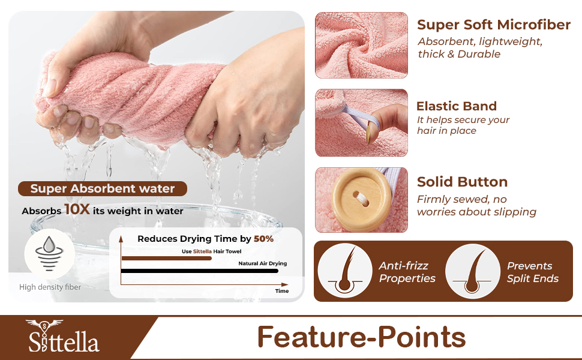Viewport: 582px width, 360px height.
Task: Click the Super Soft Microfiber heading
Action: point(493,25)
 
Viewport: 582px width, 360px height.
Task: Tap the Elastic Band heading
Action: point(457,106)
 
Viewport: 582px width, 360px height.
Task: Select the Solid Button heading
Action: point(462,182)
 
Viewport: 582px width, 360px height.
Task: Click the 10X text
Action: point(77,210)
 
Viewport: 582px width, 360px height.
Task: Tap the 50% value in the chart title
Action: point(263,239)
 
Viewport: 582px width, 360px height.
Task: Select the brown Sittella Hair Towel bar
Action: point(166,259)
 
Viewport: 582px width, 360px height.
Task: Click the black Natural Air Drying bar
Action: point(199,271)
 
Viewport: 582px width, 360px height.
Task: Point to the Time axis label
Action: point(282,291)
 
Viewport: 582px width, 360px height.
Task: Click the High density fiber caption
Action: point(50,287)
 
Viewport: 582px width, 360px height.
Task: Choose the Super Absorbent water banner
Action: point(103,189)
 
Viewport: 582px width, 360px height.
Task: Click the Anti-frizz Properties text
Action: point(407,272)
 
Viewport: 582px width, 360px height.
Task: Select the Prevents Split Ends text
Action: point(532,272)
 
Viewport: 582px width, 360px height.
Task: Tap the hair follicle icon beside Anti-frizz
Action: point(345,271)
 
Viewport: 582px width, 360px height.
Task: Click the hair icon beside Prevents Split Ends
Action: point(473,271)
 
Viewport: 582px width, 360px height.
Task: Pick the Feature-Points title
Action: point(361,337)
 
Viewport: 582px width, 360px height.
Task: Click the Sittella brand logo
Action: point(63,337)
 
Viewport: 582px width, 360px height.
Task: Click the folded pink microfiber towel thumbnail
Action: point(361,45)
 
